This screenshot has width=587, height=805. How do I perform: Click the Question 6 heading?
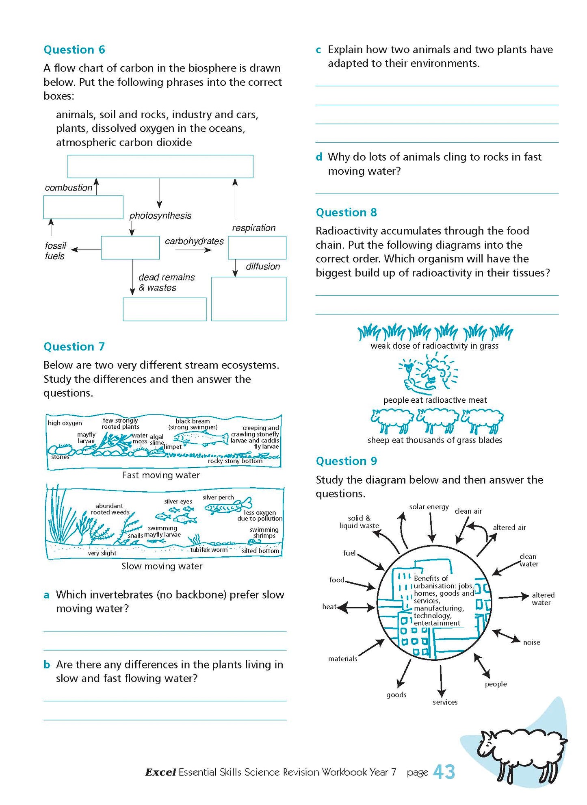point(74,50)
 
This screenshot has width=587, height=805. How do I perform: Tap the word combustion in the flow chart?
point(68,188)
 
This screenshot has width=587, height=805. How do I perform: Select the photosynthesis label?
point(160,216)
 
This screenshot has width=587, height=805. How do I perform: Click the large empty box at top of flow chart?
point(160,166)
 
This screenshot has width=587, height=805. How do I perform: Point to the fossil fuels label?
point(55,251)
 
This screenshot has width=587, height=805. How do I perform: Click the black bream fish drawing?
point(201,439)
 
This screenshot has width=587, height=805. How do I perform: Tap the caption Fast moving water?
point(161,475)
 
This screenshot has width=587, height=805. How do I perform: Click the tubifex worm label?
point(209,550)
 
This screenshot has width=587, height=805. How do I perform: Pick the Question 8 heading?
point(346,213)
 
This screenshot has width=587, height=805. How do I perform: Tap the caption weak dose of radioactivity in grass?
point(434,346)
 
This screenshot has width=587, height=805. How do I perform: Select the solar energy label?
point(429,507)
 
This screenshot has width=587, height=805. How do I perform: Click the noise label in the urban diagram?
point(531,642)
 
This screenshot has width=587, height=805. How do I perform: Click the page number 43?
point(444,772)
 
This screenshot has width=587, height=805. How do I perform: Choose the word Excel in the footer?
point(160,772)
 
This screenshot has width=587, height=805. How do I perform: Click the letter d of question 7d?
point(319,157)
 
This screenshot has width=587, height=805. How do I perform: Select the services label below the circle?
point(445,702)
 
